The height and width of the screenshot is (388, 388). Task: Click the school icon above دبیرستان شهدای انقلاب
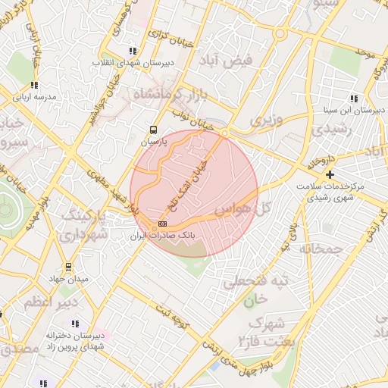tap(133, 51)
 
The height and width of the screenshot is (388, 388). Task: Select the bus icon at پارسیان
tap(154, 130)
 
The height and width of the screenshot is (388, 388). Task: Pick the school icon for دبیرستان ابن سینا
tap(354, 98)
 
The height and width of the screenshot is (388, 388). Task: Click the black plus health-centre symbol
tap(330, 174)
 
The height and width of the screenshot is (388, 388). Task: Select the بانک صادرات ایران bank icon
tap(162, 224)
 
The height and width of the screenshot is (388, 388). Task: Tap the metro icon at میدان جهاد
tap(69, 267)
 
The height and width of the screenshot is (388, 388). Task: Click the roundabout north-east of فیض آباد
tap(280, 34)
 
